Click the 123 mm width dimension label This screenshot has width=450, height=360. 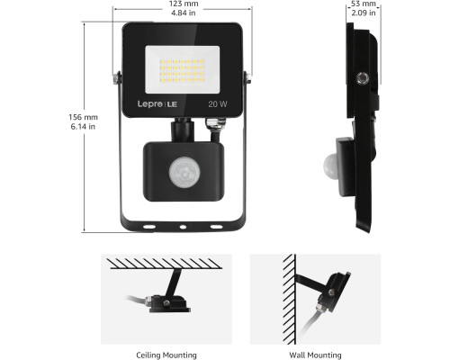pos(184,4)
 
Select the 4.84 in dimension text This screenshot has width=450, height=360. pos(184,13)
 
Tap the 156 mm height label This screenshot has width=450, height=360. pos(83,117)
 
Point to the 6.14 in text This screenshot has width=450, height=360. pos(83,127)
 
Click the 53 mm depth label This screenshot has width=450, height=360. pos(364,4)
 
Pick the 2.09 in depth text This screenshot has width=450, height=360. pos(364,13)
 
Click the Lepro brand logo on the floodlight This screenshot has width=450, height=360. pos(157,104)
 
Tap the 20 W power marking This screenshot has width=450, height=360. pos(218,104)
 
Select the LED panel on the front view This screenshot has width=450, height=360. pos(183,69)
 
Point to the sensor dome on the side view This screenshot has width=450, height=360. pos(330,165)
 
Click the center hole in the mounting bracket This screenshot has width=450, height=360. pos(183,227)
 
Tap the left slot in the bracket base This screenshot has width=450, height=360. pos(149,227)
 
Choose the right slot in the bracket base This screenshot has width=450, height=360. pos(216,227)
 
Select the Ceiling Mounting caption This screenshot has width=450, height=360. pos(166,355)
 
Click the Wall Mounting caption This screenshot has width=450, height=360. pos(315,355)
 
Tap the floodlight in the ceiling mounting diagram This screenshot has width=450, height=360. pos(168,303)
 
